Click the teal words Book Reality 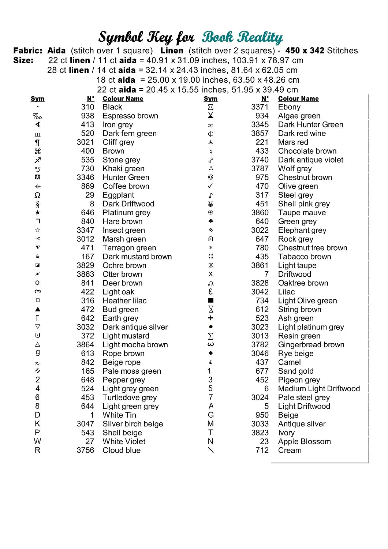coord(242,37)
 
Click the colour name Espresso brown coord(130,116)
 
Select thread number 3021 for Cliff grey coord(85,142)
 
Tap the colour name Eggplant coord(118,195)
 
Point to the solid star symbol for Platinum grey coord(37,213)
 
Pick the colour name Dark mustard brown coord(137,257)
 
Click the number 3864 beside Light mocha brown coord(85,345)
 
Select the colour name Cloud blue coord(122,450)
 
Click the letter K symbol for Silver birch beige coord(37,424)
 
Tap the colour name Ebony coord(289,107)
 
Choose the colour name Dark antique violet coord(311,160)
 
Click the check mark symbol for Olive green coord(210,186)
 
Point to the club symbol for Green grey coord(210,221)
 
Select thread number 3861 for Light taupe coord(260,265)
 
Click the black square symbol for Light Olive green coord(210,300)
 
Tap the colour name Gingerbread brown coord(311,345)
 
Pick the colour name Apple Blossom coord(304,441)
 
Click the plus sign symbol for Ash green coord(210,318)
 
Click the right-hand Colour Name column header coord(298,99)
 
